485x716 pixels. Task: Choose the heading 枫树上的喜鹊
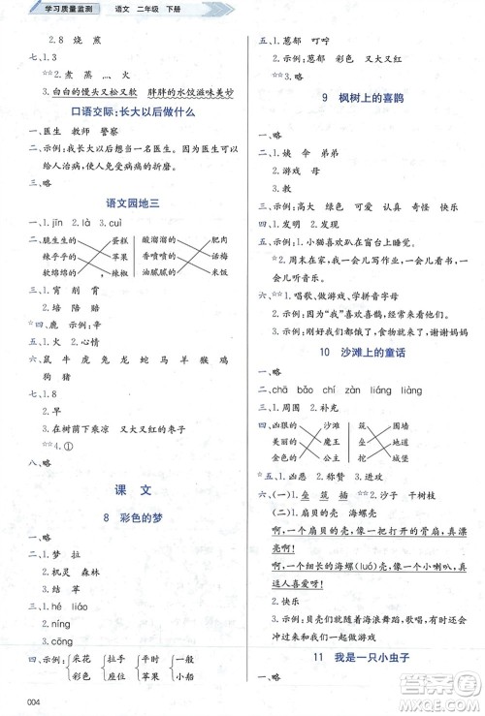click(367, 98)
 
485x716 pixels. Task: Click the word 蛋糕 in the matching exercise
click(119, 241)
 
